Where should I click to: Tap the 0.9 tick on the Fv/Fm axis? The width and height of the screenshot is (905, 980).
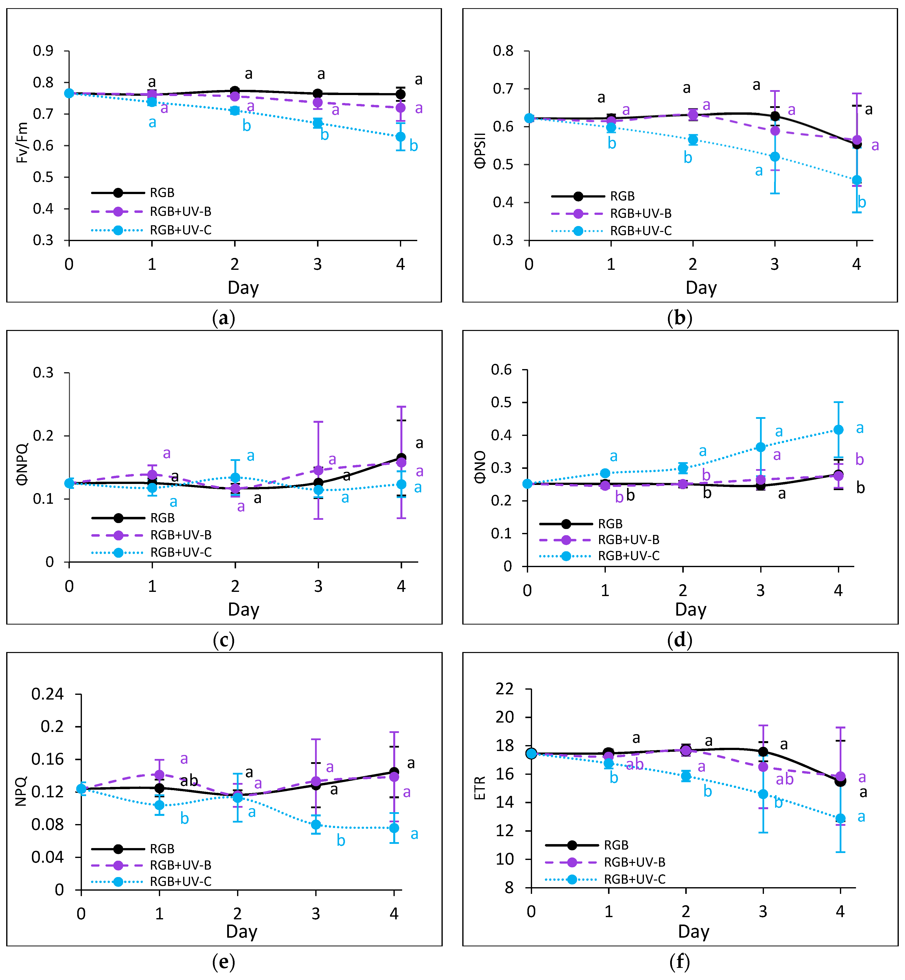[x=43, y=51]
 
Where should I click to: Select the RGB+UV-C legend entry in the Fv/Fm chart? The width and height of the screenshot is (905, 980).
[x=180, y=230]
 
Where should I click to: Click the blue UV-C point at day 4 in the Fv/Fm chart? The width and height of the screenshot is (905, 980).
[x=401, y=137]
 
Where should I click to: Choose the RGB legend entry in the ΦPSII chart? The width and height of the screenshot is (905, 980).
[x=622, y=196]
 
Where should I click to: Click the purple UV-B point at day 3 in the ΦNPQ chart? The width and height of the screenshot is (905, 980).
[x=318, y=470]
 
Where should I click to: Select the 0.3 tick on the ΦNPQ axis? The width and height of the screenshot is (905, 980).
[x=43, y=373]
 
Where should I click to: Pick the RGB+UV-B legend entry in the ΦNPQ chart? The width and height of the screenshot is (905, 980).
[x=180, y=535]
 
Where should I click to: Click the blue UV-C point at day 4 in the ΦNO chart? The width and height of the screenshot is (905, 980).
[x=838, y=429]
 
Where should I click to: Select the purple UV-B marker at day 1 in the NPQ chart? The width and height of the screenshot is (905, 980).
[x=159, y=774]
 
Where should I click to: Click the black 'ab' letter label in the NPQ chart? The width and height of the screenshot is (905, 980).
[x=189, y=781]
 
